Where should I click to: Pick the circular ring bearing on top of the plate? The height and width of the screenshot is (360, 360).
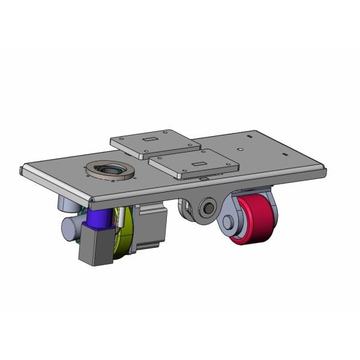[110, 170]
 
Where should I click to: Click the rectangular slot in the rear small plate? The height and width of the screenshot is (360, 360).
[149, 140]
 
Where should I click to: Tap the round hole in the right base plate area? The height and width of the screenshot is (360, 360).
[239, 148]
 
